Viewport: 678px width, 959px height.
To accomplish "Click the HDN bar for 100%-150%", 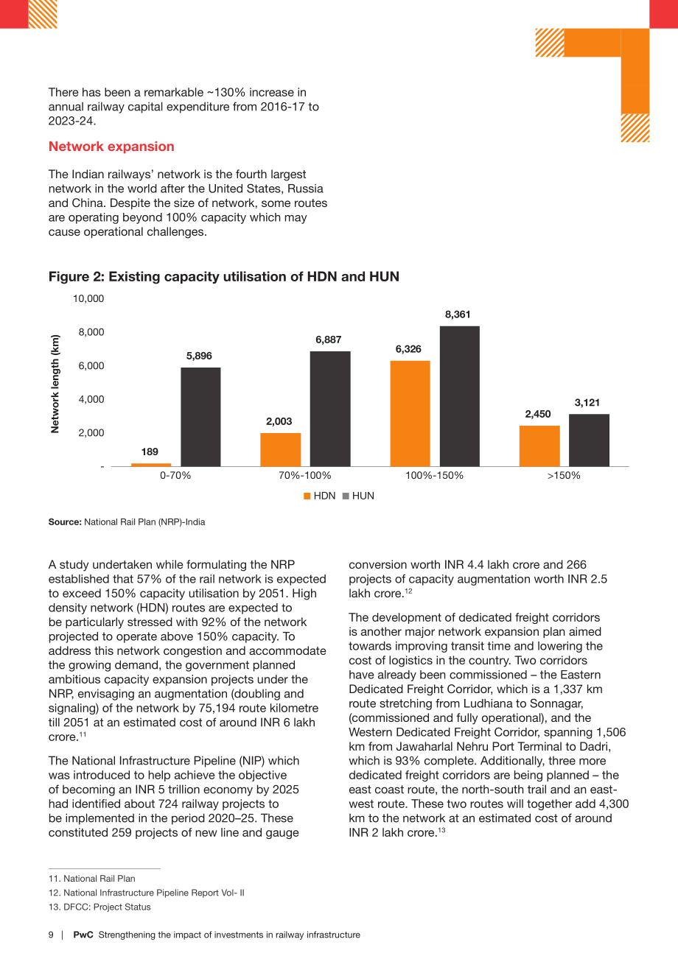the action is click(x=410, y=413).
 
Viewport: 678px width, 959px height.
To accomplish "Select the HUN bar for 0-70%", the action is click(x=200, y=417).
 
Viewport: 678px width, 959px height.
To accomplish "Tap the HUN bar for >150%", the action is click(x=589, y=440).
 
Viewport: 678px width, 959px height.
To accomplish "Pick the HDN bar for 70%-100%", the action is click(x=281, y=450).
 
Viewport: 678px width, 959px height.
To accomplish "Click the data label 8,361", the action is click(x=458, y=315).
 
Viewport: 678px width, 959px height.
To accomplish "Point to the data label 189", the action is click(x=150, y=452).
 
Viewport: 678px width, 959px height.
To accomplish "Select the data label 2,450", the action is click(x=538, y=414).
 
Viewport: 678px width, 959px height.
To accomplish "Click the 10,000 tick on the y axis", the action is click(x=88, y=298).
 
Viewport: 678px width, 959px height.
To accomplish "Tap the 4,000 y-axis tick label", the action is click(x=91, y=399).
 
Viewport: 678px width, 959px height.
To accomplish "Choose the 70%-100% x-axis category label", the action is click(x=304, y=475).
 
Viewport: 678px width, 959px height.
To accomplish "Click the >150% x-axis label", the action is click(x=563, y=475).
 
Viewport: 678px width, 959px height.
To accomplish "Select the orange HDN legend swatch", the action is click(x=307, y=496).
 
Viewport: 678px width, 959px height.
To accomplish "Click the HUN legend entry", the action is click(x=358, y=496).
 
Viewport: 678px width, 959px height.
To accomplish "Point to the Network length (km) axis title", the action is click(x=55, y=384).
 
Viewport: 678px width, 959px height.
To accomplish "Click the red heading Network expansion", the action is click(x=111, y=147).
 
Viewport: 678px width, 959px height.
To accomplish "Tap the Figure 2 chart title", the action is click(x=223, y=276).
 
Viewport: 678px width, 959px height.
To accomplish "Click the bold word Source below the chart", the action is click(x=65, y=522).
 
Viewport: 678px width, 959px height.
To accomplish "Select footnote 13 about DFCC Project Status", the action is click(x=99, y=907).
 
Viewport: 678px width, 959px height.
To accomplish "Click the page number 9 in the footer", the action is click(x=51, y=935).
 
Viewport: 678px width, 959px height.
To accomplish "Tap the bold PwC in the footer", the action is click(x=83, y=935).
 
